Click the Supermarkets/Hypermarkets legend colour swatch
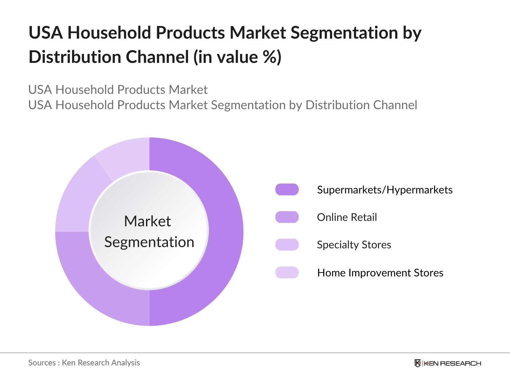pyautogui.click(x=287, y=190)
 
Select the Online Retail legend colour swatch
pyautogui.click(x=287, y=217)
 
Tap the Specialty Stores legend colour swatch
pyautogui.click(x=287, y=245)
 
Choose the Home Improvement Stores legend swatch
pyautogui.click(x=287, y=273)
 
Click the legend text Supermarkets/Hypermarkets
pyautogui.click(x=385, y=190)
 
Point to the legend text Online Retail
pyautogui.click(x=347, y=217)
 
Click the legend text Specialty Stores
pyautogui.click(x=354, y=245)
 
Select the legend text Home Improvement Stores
pyautogui.click(x=380, y=273)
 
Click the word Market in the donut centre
pyautogui.click(x=147, y=221)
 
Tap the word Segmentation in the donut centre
pyautogui.click(x=149, y=242)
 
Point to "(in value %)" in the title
pyautogui.click(x=237, y=57)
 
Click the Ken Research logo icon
pyautogui.click(x=418, y=363)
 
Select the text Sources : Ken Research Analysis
pyautogui.click(x=84, y=363)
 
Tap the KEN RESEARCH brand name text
pyautogui.click(x=452, y=363)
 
